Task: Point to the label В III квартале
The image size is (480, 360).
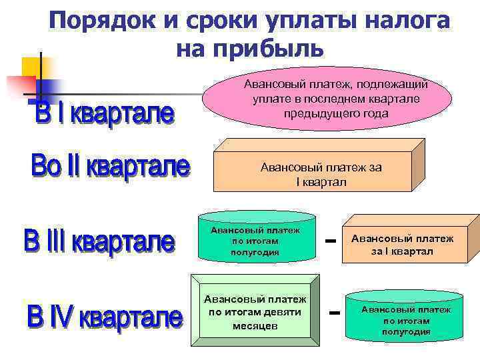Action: (x=99, y=241)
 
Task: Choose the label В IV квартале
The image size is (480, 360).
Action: (x=105, y=316)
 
